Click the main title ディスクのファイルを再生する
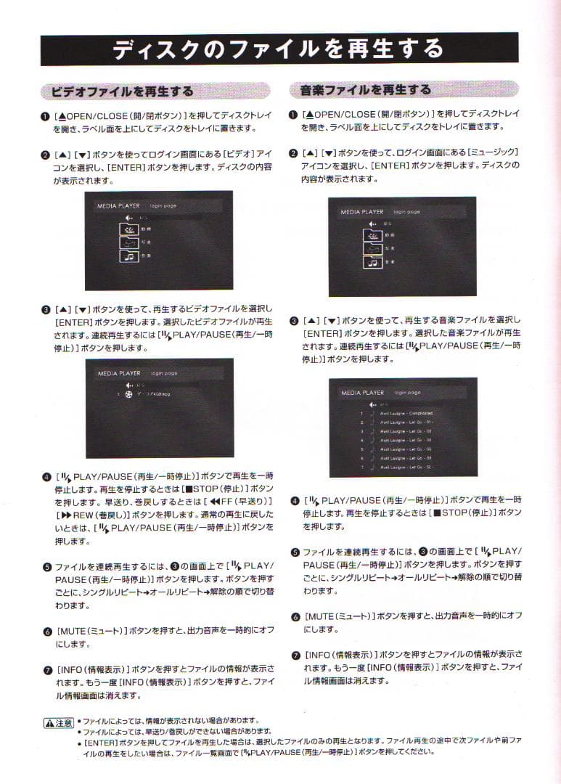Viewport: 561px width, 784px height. [279, 49]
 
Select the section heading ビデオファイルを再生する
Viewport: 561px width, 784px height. [118, 91]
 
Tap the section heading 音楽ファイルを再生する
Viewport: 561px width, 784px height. [366, 91]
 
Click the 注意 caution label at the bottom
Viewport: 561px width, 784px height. [59, 724]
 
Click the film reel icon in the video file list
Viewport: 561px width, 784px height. [128, 394]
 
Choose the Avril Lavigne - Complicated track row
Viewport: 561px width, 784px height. [406, 414]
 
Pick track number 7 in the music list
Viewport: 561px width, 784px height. [361, 467]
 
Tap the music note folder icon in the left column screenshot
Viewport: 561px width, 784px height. [128, 256]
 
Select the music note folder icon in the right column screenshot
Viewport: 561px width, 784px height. [372, 262]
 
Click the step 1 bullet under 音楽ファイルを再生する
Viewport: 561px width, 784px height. [292, 115]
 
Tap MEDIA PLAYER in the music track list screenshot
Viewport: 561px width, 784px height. [362, 393]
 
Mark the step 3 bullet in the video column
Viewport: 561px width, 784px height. [46, 309]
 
